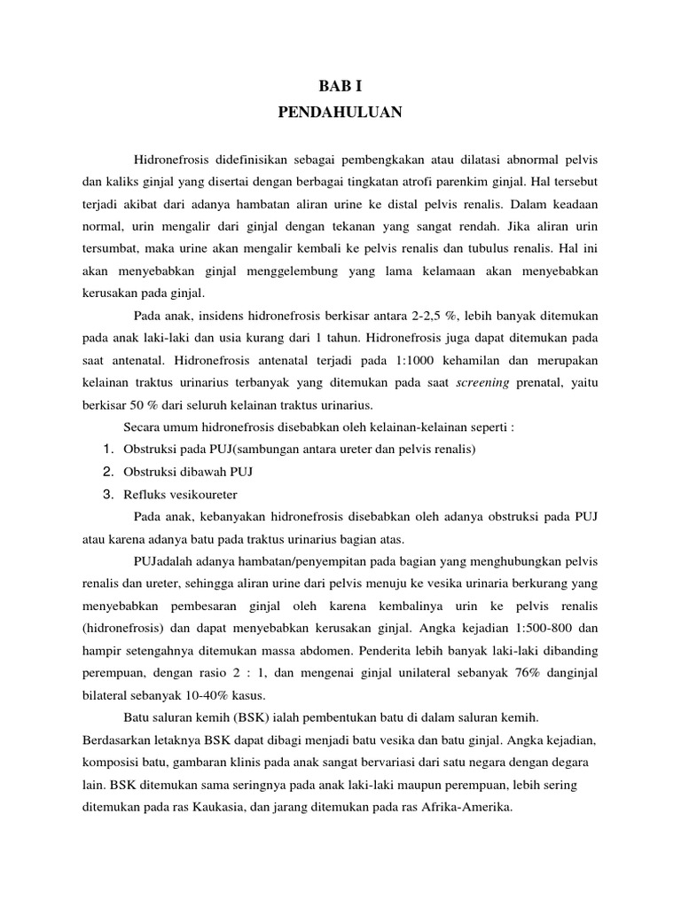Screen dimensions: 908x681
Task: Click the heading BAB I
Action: pyautogui.click(x=340, y=87)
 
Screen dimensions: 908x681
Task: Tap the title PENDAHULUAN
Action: pyautogui.click(x=340, y=113)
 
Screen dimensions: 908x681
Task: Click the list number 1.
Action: pyautogui.click(x=108, y=450)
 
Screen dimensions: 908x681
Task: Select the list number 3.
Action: pyautogui.click(x=108, y=494)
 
